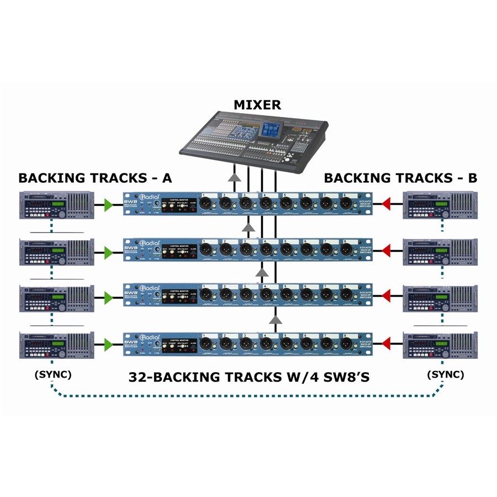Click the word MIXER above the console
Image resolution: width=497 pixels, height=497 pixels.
click(x=257, y=104)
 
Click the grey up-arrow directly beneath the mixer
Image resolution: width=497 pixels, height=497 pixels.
click(x=235, y=177)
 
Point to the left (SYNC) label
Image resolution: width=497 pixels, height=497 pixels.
click(x=53, y=374)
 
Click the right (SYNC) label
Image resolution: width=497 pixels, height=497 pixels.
click(x=446, y=374)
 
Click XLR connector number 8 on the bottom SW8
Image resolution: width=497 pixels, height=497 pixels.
click(x=346, y=343)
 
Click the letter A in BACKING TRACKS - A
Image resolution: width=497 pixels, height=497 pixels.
click(x=166, y=178)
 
